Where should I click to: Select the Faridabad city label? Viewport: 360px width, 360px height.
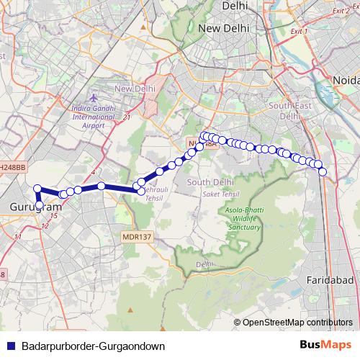pyautogui.click(x=328, y=278)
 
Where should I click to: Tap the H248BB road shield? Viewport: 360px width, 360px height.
pyautogui.click(x=13, y=166)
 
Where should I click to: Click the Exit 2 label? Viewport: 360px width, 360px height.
pyautogui.click(x=346, y=11)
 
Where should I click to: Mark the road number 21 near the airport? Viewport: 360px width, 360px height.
pyautogui.click(x=127, y=117)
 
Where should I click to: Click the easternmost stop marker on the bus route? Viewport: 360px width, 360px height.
pyautogui.click(x=323, y=171)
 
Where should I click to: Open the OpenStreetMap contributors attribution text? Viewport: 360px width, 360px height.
pyautogui.click(x=297, y=322)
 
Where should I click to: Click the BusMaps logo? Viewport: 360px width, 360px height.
pyautogui.click(x=325, y=345)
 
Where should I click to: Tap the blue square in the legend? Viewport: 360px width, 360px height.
pyautogui.click(x=10, y=346)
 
